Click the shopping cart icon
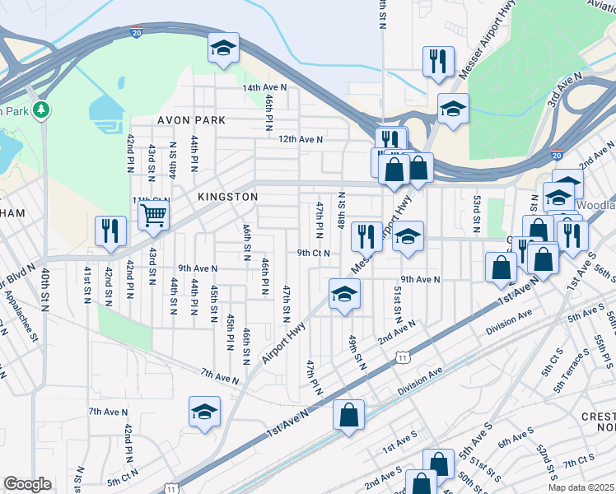tap(153, 216)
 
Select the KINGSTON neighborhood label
tap(228, 198)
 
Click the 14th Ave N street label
tap(264, 87)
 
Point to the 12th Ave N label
tap(301, 140)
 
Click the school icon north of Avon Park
tap(222, 48)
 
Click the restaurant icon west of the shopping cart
tap(110, 231)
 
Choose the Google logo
tap(27, 484)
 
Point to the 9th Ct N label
tap(313, 254)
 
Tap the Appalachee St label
tap(20, 317)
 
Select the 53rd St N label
tap(476, 213)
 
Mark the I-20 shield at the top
tap(135, 31)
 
